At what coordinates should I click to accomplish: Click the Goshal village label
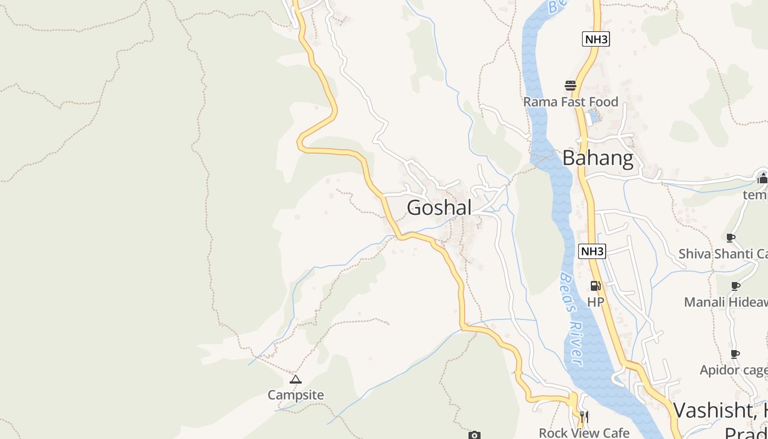(x=439, y=208)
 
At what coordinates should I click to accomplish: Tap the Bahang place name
(x=597, y=159)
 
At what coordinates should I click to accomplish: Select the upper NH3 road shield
(x=596, y=39)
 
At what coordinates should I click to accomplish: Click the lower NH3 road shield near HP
(x=592, y=251)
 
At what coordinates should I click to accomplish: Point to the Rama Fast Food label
(x=571, y=102)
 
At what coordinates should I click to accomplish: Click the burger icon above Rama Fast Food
(x=571, y=86)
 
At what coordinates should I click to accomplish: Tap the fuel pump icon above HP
(x=595, y=286)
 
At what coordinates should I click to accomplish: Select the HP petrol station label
(x=595, y=302)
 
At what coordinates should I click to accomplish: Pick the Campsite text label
(x=296, y=395)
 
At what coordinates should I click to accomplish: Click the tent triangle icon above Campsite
(x=296, y=379)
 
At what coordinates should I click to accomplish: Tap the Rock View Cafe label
(x=584, y=432)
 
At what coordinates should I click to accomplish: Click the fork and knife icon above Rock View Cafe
(x=584, y=417)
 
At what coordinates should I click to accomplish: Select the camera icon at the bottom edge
(x=475, y=435)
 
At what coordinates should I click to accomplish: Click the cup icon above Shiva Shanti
(x=731, y=238)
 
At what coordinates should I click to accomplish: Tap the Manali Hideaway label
(x=725, y=302)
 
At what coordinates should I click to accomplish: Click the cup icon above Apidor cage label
(x=735, y=354)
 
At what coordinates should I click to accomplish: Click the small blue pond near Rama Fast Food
(x=594, y=116)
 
